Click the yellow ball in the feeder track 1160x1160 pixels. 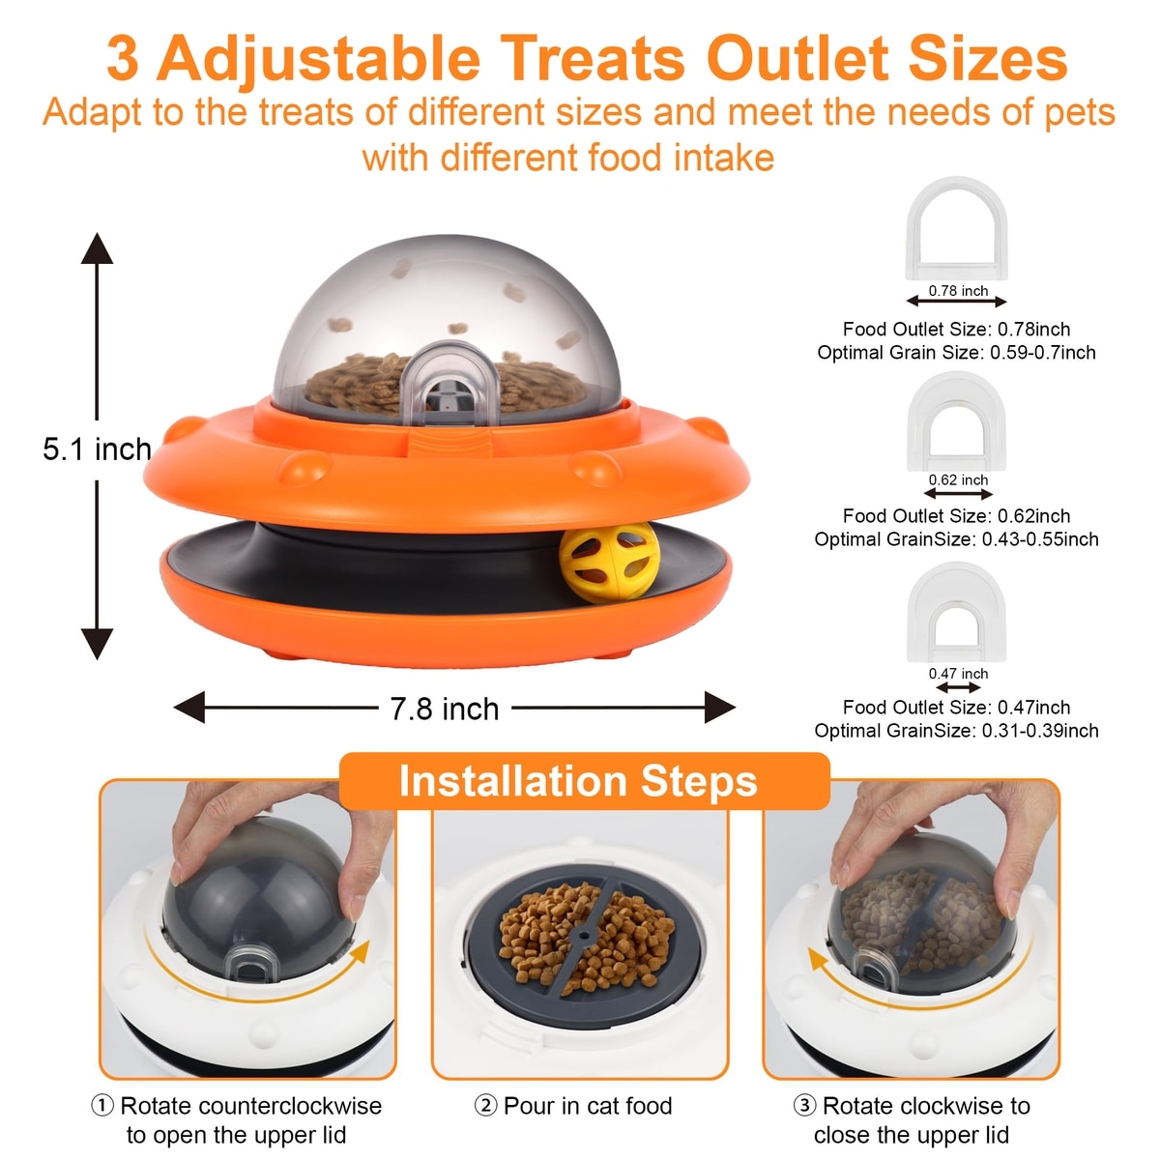pos(609,563)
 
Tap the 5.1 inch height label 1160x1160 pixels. pos(97,449)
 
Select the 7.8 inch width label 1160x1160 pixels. pos(445,709)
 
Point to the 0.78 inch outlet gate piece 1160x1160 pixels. pos(957,228)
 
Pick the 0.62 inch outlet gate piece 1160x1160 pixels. pos(957,422)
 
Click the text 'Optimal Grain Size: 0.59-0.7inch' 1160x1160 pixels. pos(956,352)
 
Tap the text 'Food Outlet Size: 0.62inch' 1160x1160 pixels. pos(956,516)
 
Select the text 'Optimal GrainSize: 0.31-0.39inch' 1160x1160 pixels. pos(956,730)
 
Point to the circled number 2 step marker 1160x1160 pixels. pos(486,1106)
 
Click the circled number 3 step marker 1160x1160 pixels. pos(804,1106)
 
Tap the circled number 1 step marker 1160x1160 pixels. pos(102,1106)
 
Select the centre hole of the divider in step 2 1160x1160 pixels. pos(583,937)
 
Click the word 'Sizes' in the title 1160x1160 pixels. pos(987,58)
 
